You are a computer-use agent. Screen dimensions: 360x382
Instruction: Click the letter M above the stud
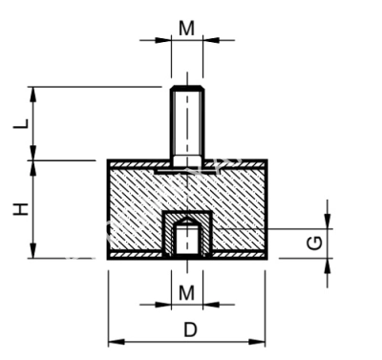coord(187,28)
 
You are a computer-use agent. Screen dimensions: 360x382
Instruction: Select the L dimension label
coord(20,124)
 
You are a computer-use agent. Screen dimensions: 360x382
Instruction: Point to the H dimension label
coord(20,209)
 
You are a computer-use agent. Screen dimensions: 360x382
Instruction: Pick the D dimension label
coord(189,329)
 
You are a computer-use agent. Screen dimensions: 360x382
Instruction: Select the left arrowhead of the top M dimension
coord(167,41)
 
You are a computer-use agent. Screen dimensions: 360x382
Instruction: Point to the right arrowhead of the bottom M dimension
coord(207,305)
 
